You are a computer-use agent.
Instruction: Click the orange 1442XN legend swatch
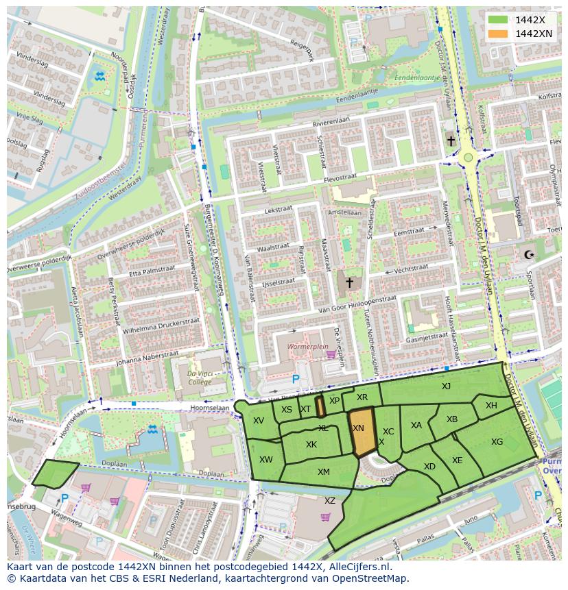499,34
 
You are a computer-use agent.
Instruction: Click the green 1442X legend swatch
499,20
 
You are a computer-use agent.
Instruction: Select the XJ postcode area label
446,386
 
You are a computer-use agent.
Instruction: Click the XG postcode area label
497,442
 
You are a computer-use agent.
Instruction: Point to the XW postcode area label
266,459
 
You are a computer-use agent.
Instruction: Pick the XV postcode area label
259,421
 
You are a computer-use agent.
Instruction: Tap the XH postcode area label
491,406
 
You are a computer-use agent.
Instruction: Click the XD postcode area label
429,467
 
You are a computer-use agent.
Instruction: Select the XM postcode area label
324,471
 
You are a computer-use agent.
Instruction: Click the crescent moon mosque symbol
528,255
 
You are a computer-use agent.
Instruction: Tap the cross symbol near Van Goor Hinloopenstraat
349,282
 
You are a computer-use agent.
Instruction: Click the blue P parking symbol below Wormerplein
296,378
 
